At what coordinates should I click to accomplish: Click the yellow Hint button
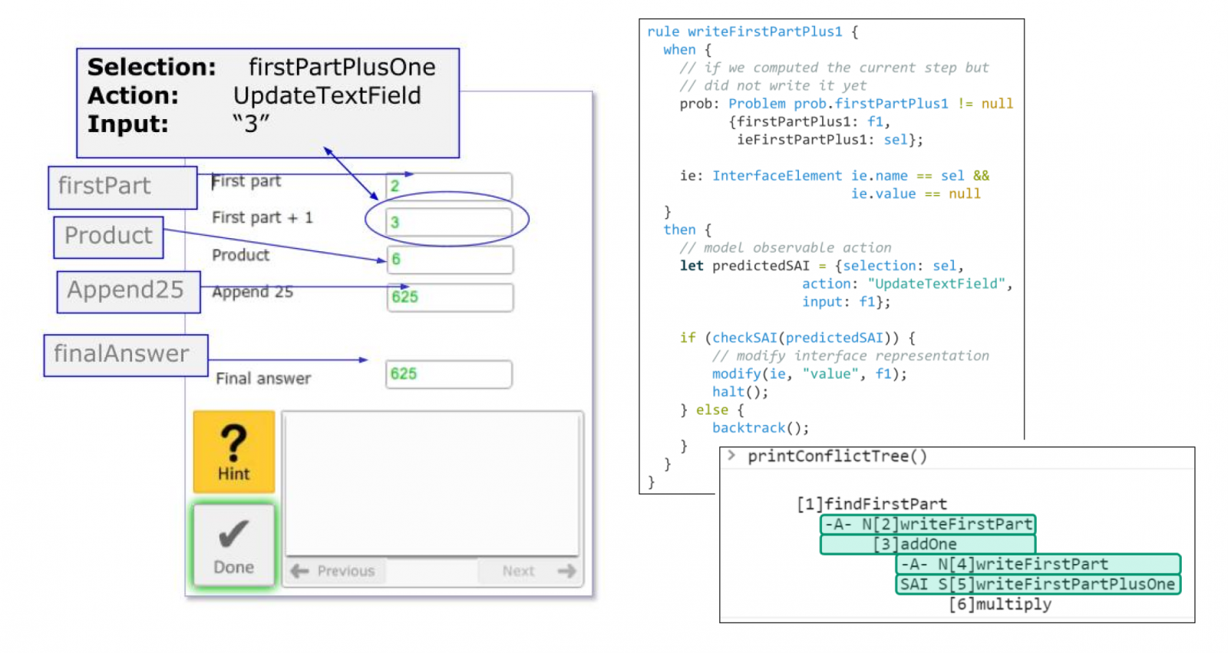234,451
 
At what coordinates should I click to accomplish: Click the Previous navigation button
335,571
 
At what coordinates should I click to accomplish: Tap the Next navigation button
530,571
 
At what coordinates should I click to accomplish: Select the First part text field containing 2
449,185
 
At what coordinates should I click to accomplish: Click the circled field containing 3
449,222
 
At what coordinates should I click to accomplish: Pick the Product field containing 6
450,260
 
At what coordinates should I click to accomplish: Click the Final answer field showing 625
449,374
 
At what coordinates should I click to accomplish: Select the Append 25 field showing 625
450,297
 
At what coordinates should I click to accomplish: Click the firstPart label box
123,187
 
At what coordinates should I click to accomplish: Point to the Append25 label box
129,291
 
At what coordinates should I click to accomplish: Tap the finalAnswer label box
126,355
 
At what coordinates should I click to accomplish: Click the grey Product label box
108,237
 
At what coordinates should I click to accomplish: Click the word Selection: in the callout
152,68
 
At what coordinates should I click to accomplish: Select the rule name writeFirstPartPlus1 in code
764,31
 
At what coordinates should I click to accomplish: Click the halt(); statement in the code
740,392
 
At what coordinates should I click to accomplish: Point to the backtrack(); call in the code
761,428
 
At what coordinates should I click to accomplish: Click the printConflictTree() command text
837,456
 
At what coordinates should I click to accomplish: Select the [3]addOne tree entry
928,545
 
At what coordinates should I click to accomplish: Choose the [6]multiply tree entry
1000,604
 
